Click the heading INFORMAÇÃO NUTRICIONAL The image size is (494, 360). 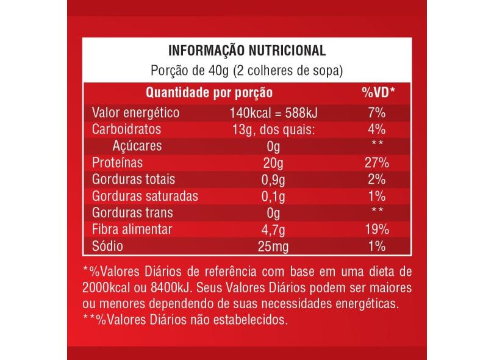(x=246, y=51)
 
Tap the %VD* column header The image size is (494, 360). (x=378, y=93)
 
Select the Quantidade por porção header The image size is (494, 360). (x=209, y=93)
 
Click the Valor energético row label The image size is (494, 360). (x=135, y=113)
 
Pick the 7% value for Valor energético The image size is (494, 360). (x=376, y=113)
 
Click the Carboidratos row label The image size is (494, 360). (x=126, y=130)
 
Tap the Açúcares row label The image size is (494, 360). (x=137, y=146)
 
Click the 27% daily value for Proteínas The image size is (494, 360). (x=376, y=164)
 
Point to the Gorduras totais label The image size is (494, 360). (x=133, y=180)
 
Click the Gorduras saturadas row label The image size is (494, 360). (x=144, y=196)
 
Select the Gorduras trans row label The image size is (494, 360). (x=132, y=213)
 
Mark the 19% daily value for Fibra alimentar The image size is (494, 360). (x=376, y=230)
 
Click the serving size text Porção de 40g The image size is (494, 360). (x=189, y=70)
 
